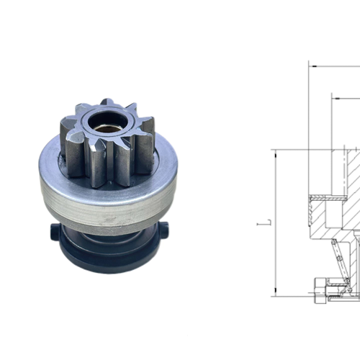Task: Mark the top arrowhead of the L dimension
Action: click(274, 152)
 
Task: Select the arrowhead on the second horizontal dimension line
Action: click(335, 94)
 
